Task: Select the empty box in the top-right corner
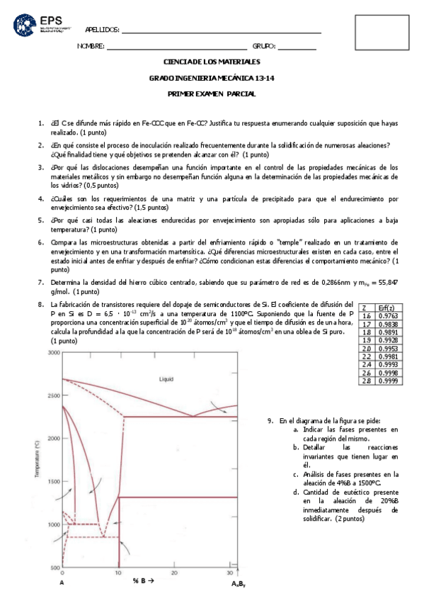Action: coord(382,33)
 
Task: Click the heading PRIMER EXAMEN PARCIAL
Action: coord(212,94)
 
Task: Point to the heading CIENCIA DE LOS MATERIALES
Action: coord(212,62)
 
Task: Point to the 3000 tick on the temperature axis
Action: coord(54,352)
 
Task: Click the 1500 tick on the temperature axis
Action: coord(54,482)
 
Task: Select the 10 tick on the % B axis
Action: coord(118,573)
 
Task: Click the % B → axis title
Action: coord(142,582)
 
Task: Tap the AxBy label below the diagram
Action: coord(239,585)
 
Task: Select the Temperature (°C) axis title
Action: coord(35,461)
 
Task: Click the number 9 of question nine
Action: coord(270,420)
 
